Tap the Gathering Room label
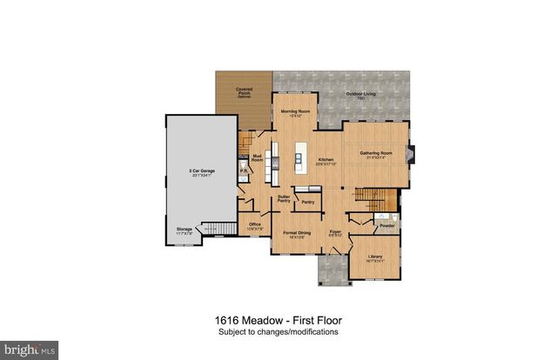(x=377, y=154)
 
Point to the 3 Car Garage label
(x=202, y=172)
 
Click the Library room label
(x=375, y=257)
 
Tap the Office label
(x=255, y=225)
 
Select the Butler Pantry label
(x=284, y=199)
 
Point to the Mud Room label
(x=258, y=159)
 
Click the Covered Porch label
(x=244, y=90)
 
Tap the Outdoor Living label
(x=359, y=94)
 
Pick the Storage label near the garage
(x=185, y=230)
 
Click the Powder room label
(x=387, y=225)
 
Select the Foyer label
(x=332, y=233)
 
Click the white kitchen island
(x=298, y=159)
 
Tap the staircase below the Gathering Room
(x=374, y=199)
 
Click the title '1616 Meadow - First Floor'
(x=278, y=319)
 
